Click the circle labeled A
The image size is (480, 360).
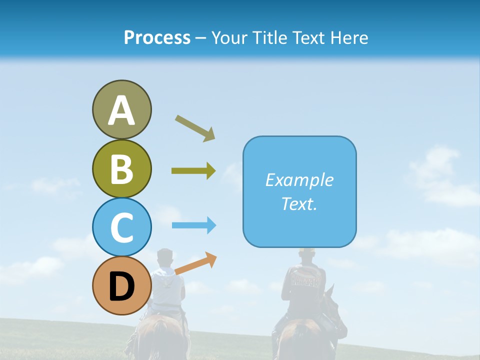tap(121, 109)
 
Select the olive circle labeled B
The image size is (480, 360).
tap(121, 168)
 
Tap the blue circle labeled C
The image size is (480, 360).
tap(121, 227)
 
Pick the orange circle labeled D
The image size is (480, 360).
tap(121, 286)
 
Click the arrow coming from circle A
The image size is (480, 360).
tap(195, 128)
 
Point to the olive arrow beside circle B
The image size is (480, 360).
tap(193, 171)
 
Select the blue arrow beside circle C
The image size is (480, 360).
tap(194, 225)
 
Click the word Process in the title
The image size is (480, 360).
tap(157, 37)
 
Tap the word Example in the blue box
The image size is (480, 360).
tap(299, 180)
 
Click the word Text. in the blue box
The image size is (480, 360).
tap(299, 203)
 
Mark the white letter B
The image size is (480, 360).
tap(121, 169)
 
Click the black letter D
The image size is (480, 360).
tap(121, 287)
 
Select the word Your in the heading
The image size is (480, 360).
tap(228, 37)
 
